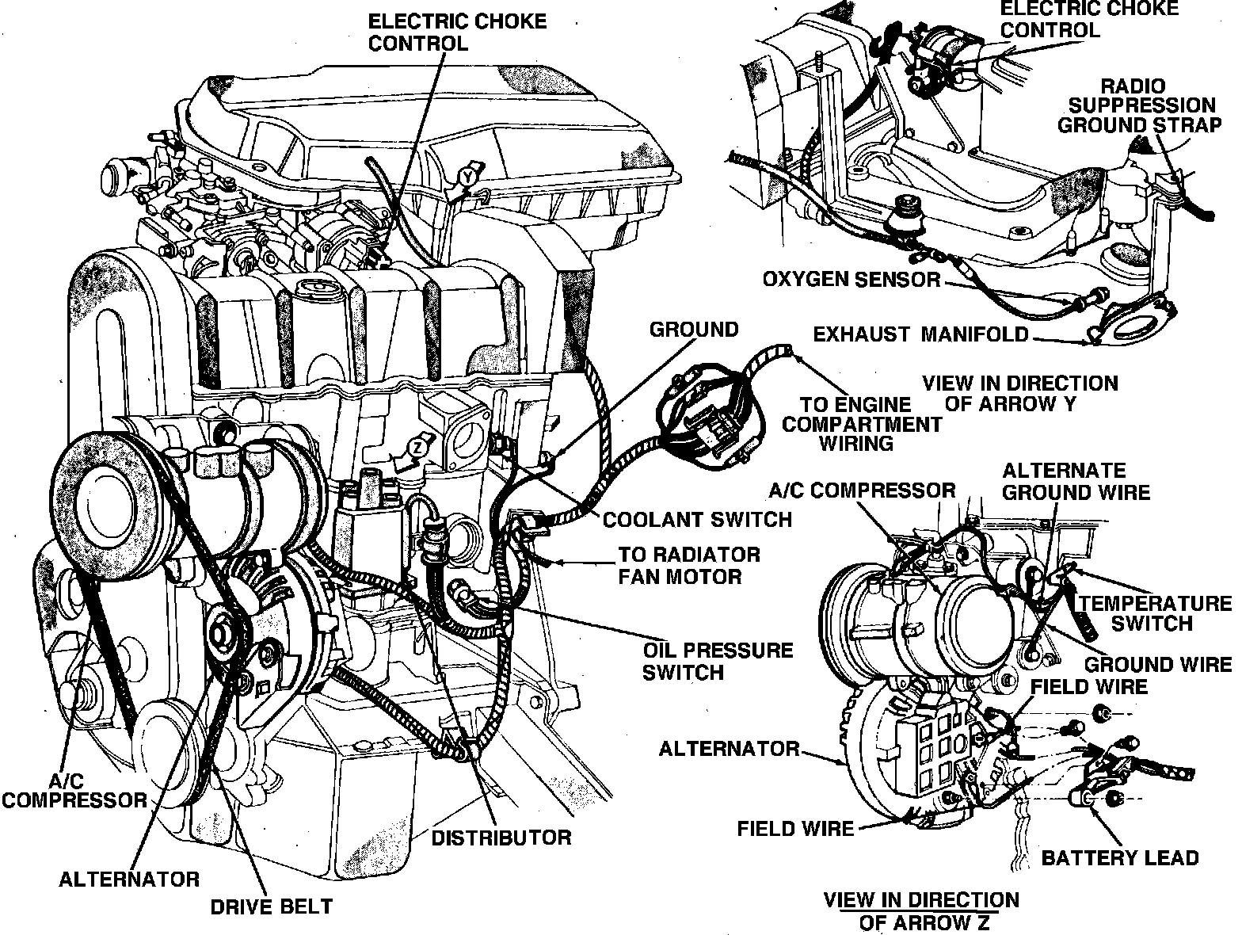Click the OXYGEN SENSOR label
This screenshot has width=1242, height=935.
tap(851, 280)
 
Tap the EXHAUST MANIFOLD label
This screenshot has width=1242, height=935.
tap(920, 334)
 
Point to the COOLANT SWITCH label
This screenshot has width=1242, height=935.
tap(697, 519)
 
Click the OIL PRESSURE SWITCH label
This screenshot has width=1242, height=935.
tap(718, 661)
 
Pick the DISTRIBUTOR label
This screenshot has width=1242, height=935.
tap(501, 838)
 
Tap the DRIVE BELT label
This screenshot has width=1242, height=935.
tap(272, 906)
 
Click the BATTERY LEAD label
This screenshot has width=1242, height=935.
tap(1119, 857)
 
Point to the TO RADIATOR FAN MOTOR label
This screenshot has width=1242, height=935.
tap(689, 565)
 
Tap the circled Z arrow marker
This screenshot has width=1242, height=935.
tap(417, 448)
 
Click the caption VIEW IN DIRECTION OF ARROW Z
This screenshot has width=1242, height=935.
tap(921, 910)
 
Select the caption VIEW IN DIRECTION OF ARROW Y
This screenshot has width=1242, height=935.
tap(1020, 393)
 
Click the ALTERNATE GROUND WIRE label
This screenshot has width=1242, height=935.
tap(1075, 480)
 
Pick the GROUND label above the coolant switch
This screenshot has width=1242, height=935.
tap(693, 329)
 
